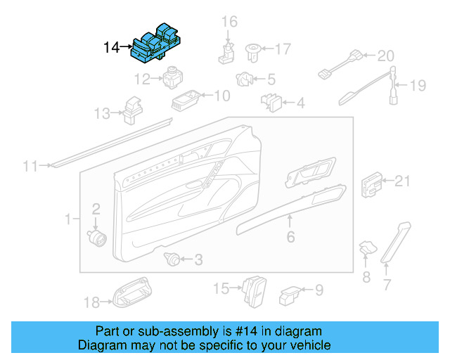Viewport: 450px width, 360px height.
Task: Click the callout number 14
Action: pyautogui.click(x=111, y=48)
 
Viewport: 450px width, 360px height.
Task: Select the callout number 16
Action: pyautogui.click(x=230, y=22)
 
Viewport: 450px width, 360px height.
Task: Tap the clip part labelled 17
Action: pyautogui.click(x=252, y=50)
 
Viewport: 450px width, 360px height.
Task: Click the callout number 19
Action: pyautogui.click(x=418, y=86)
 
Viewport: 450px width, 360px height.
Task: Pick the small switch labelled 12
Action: pyautogui.click(x=172, y=79)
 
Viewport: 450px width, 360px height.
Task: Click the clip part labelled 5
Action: pyautogui.click(x=245, y=79)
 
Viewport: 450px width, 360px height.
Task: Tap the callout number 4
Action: pyautogui.click(x=300, y=104)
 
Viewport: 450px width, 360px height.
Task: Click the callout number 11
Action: pyautogui.click(x=30, y=166)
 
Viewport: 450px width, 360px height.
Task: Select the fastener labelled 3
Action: pyautogui.click(x=170, y=259)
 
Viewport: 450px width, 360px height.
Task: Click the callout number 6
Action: pyautogui.click(x=290, y=238)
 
